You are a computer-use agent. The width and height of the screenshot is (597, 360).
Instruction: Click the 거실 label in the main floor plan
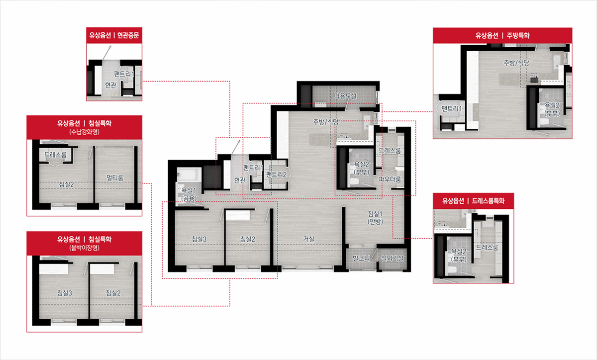(308, 239)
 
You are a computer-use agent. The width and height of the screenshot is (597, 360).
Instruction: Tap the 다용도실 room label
(345, 95)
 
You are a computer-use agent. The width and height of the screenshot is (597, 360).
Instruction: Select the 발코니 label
(361, 258)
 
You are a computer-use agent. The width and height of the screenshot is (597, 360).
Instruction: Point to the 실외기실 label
(392, 258)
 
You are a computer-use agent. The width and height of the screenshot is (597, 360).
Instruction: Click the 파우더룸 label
(390, 180)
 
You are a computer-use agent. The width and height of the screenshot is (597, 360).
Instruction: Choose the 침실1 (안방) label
(375, 217)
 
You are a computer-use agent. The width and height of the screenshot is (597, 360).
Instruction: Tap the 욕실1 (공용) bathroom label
(189, 194)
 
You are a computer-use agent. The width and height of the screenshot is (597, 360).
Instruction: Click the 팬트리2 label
(276, 175)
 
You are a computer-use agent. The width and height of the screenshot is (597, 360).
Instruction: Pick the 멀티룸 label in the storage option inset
(115, 178)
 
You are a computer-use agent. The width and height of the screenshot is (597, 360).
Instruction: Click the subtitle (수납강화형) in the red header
(84, 132)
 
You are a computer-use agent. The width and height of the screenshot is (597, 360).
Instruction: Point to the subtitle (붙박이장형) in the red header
(84, 248)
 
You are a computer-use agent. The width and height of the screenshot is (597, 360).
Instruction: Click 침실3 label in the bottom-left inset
(65, 293)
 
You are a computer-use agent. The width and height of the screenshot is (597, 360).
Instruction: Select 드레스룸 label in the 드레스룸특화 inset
(487, 248)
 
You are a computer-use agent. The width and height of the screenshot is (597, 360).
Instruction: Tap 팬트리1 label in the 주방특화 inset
(452, 108)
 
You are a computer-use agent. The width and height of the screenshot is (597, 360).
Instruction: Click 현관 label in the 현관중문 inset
(110, 85)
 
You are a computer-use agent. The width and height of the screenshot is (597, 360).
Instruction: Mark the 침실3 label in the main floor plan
(199, 239)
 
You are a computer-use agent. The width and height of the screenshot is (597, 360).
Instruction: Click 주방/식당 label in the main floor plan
(326, 122)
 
